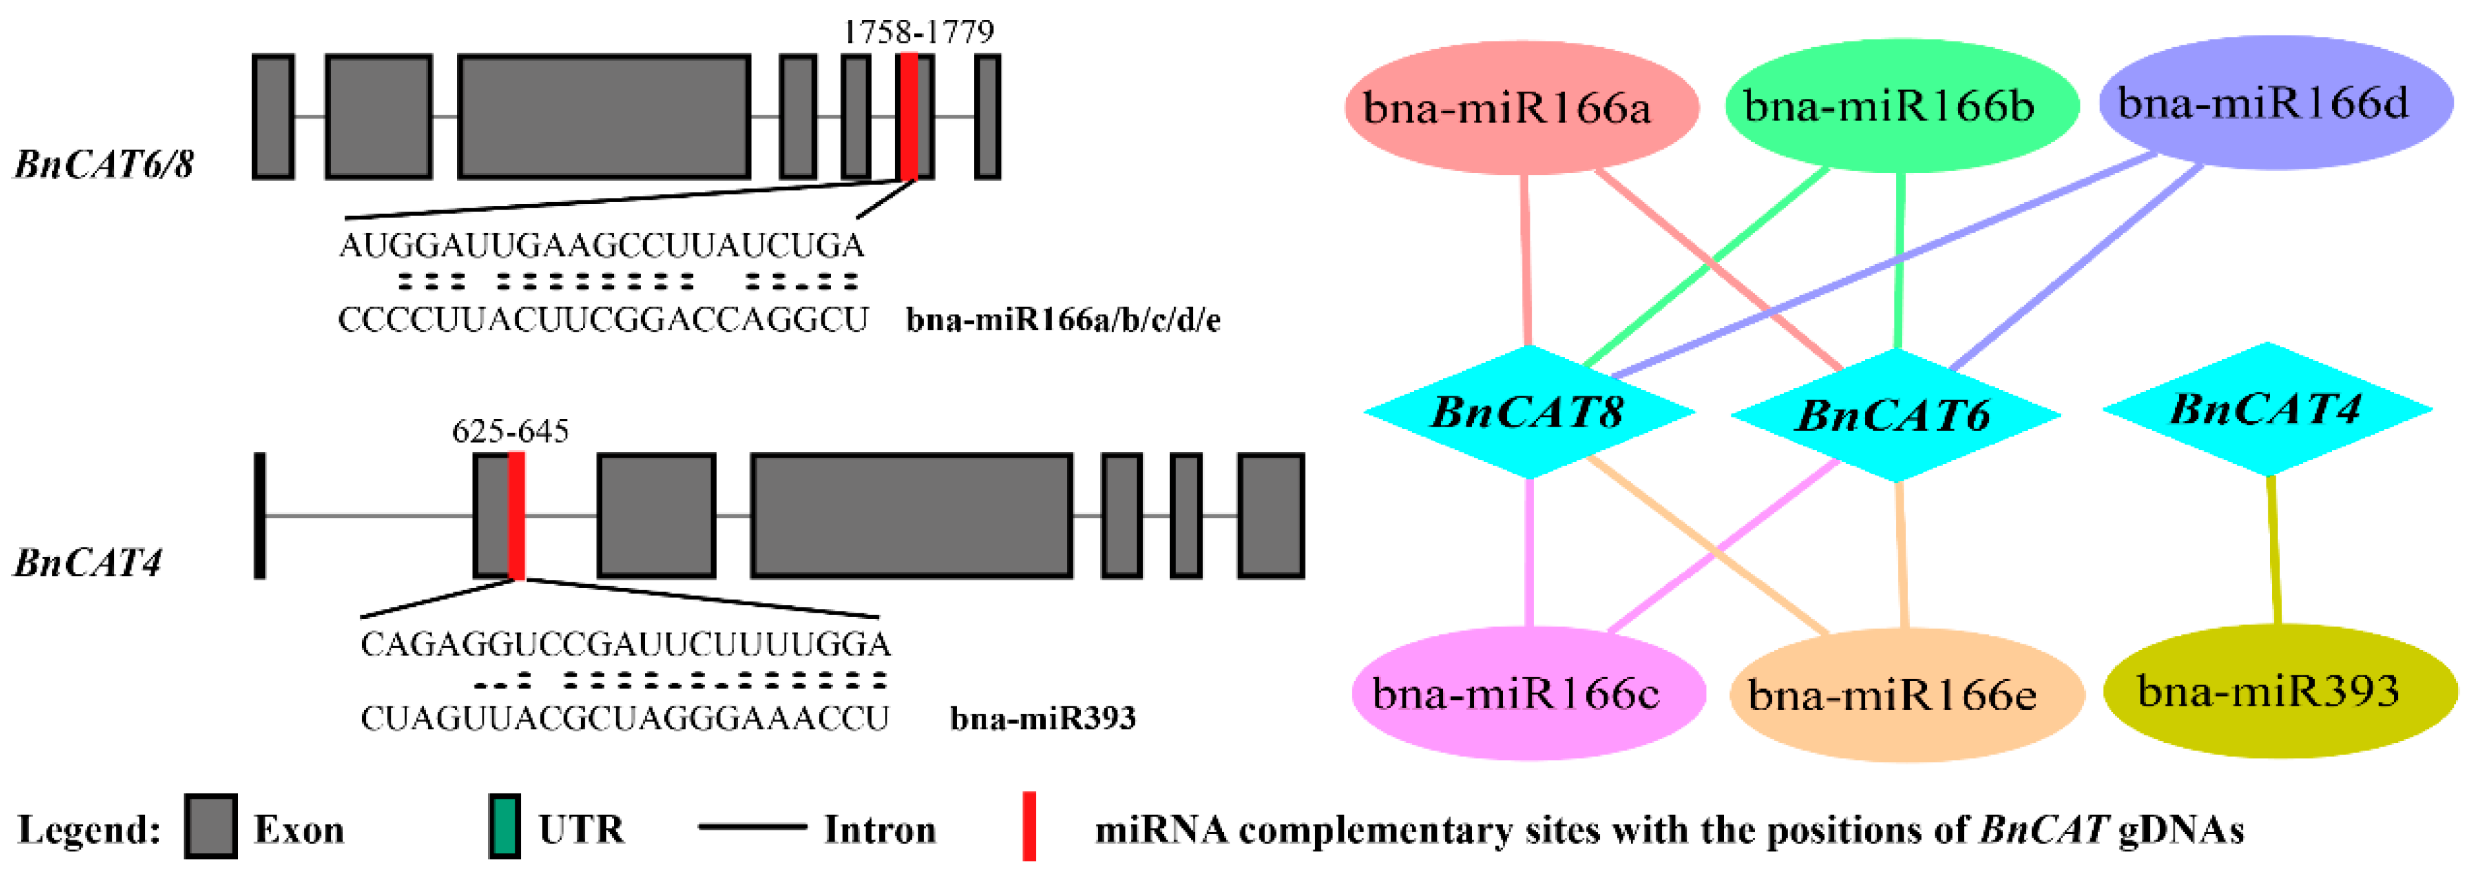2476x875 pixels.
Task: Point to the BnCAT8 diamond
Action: click(1529, 412)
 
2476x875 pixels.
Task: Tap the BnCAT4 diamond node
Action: click(2266, 409)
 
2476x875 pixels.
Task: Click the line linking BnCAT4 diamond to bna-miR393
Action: click(2273, 550)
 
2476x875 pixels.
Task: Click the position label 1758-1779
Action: click(918, 32)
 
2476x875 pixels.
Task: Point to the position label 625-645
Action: click(510, 431)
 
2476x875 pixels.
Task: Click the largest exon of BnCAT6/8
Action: click(603, 117)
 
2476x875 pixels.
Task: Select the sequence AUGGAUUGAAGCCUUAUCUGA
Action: click(601, 246)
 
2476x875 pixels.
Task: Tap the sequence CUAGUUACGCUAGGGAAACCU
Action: click(625, 718)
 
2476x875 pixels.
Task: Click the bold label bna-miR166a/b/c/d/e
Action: click(1063, 319)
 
